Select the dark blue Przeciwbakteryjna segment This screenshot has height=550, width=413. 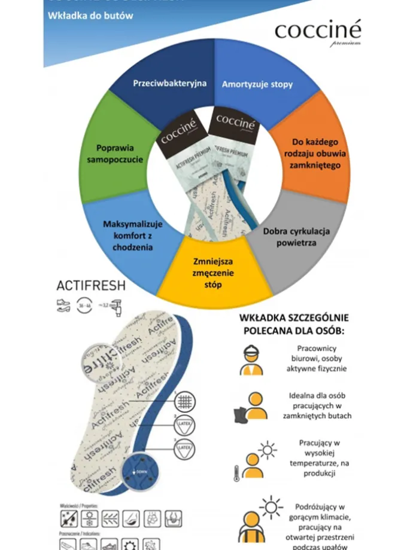(170, 84)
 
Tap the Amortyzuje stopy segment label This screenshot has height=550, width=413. (257, 84)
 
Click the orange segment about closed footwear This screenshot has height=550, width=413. (315, 153)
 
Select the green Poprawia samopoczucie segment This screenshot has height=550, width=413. (115, 154)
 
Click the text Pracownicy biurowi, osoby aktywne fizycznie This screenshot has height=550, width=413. (321, 358)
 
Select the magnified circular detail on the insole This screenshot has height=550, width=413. (101, 363)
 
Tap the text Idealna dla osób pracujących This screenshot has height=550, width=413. (321, 406)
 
